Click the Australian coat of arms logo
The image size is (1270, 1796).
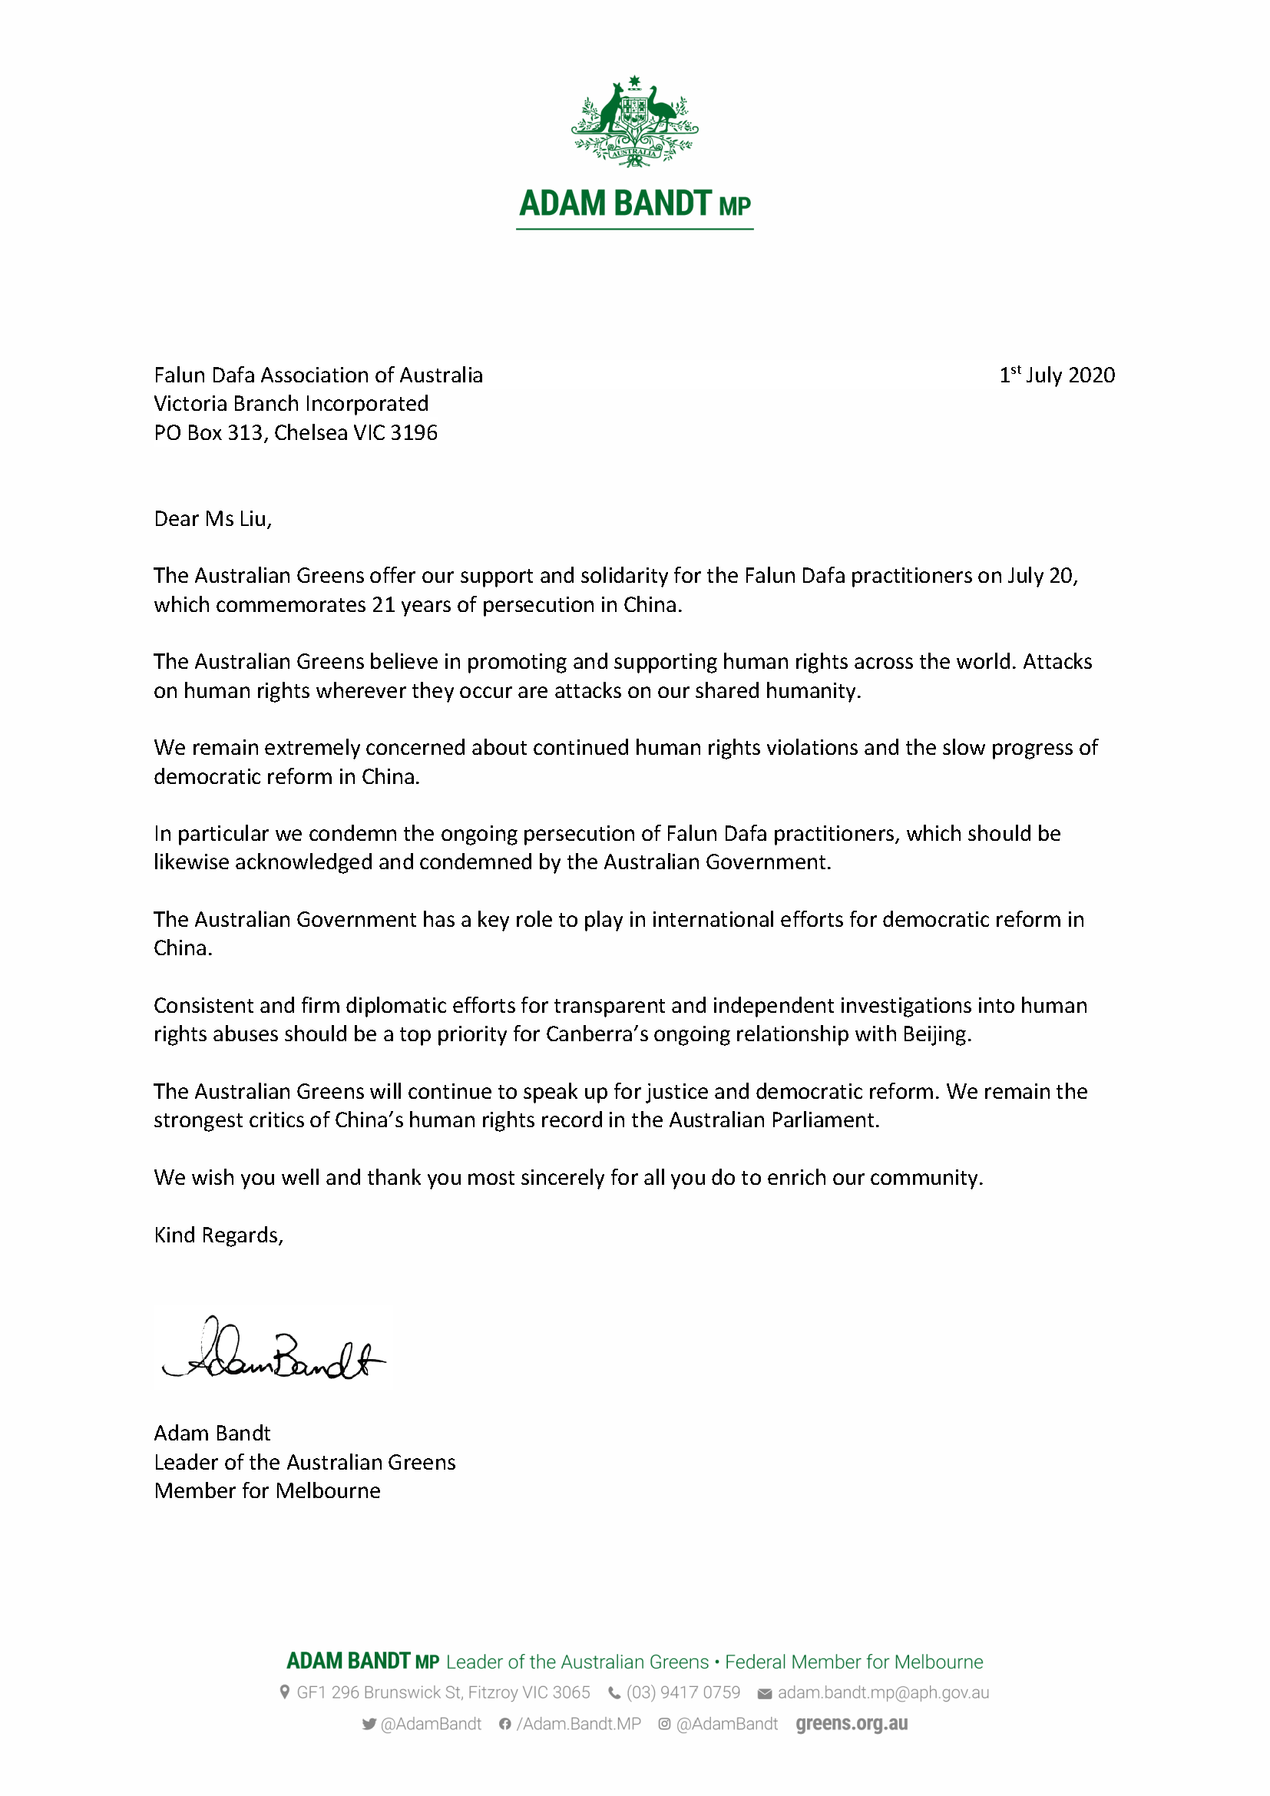(x=634, y=121)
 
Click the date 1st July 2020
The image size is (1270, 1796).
(x=1057, y=375)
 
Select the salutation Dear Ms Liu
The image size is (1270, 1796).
(x=213, y=519)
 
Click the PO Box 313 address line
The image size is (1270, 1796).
(x=296, y=432)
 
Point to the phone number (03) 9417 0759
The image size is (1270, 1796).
(x=683, y=1693)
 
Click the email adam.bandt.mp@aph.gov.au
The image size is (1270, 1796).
(x=883, y=1693)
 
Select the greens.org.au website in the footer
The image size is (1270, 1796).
(x=852, y=1724)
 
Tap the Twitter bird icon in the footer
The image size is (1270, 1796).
(x=369, y=1724)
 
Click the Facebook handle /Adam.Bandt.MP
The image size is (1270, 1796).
(x=579, y=1724)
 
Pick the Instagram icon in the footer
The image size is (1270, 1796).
(x=664, y=1724)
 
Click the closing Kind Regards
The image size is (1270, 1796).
(x=218, y=1235)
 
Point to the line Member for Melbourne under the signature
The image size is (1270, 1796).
(x=267, y=1491)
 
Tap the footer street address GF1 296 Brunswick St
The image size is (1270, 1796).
(x=442, y=1693)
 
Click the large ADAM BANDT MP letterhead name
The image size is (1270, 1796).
(x=634, y=204)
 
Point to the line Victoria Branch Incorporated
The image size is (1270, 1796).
(x=291, y=404)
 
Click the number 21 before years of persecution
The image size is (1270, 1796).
(x=383, y=605)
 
